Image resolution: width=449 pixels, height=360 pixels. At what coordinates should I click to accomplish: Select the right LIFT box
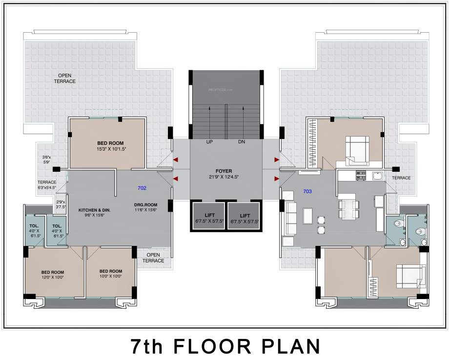[244, 218]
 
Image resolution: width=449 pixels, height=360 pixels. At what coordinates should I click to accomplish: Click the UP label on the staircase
[209, 142]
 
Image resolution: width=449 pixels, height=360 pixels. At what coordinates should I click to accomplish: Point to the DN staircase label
[242, 142]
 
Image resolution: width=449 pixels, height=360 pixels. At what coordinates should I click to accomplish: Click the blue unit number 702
[142, 188]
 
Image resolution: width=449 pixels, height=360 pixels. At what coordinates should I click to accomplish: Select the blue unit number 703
[307, 191]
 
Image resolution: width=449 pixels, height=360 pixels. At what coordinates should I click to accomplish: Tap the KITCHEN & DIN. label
[95, 210]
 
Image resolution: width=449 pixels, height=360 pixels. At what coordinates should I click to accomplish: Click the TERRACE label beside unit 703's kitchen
[401, 179]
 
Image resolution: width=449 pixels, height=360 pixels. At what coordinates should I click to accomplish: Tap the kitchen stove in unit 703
[361, 174]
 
